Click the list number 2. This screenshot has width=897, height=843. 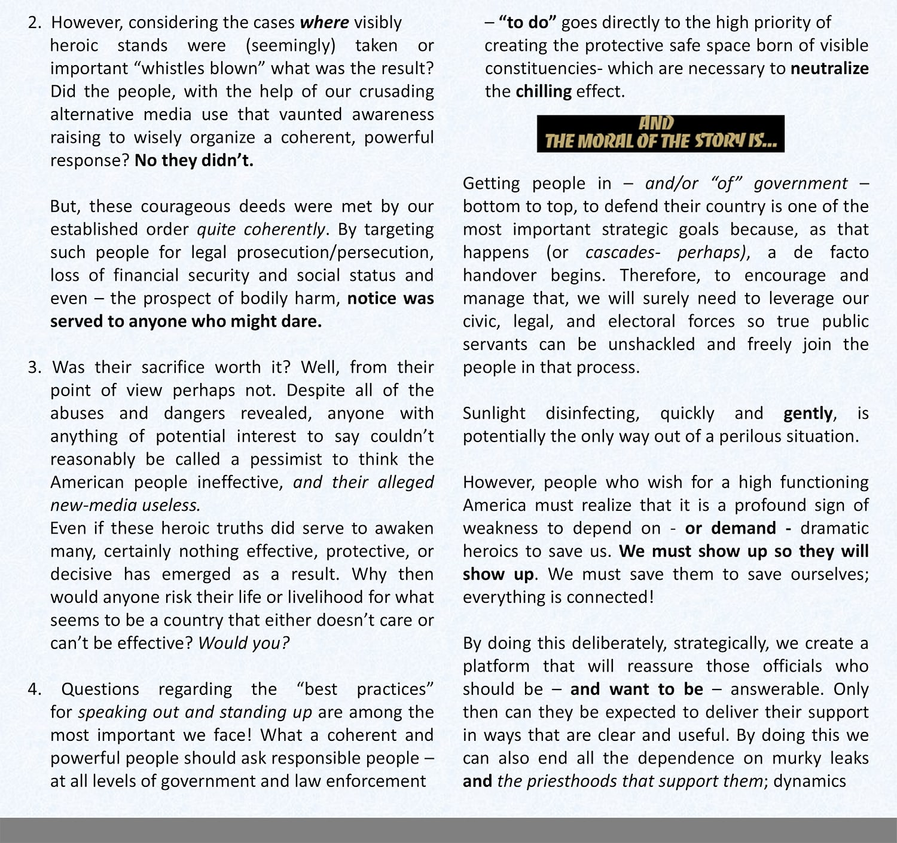(x=34, y=23)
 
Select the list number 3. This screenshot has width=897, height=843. (x=34, y=367)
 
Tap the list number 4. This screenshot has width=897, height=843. (x=34, y=689)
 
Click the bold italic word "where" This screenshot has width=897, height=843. (x=324, y=23)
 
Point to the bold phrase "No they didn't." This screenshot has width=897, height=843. (x=194, y=161)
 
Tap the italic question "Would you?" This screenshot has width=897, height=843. (x=244, y=643)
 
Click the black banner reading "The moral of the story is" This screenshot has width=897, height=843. (x=660, y=134)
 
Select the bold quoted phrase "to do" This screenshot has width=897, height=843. (x=527, y=23)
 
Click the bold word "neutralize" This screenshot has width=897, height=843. (x=829, y=69)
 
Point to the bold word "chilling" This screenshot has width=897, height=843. (x=544, y=92)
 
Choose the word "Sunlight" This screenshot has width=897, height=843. (x=494, y=413)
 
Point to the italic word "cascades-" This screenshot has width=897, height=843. (x=623, y=253)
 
